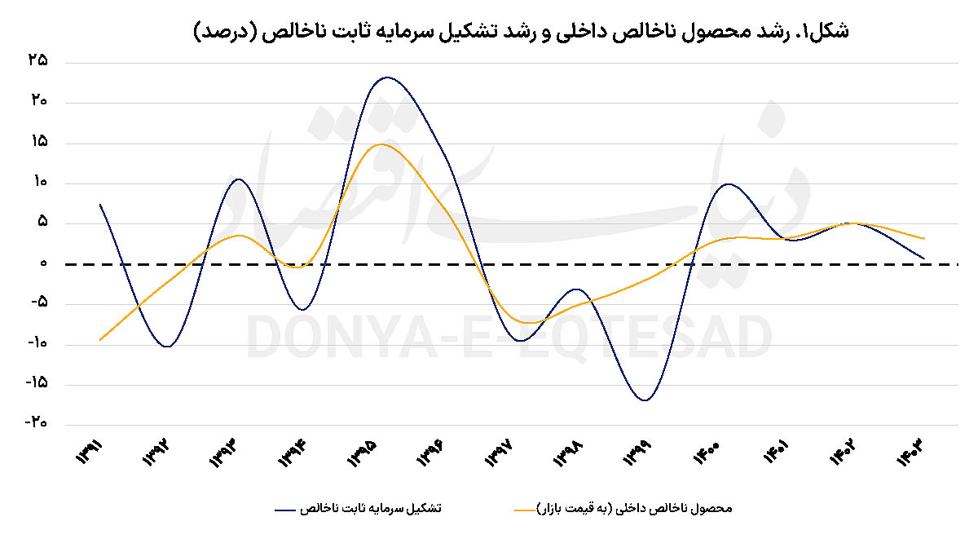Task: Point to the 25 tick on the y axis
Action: pyautogui.click(x=37, y=62)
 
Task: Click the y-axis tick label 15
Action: pyautogui.click(x=37, y=143)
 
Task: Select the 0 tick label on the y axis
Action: pyautogui.click(x=41, y=264)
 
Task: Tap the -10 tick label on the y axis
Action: pyautogui.click(x=35, y=343)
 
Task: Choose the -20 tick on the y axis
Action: pyautogui.click(x=35, y=423)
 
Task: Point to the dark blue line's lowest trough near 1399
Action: pyautogui.click(x=645, y=400)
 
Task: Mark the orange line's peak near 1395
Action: pyautogui.click(x=381, y=144)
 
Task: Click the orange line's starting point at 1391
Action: pyautogui.click(x=100, y=339)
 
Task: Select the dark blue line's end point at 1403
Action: pyautogui.click(x=923, y=258)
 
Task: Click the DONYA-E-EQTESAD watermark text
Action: pyautogui.click(x=509, y=337)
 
